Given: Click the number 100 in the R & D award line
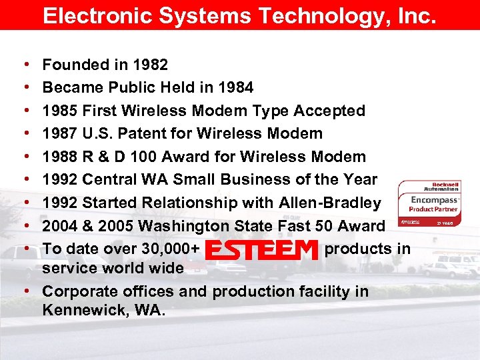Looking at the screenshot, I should [146, 157].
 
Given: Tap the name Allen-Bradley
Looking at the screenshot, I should [331, 203].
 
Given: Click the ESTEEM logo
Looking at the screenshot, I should [262, 250].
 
